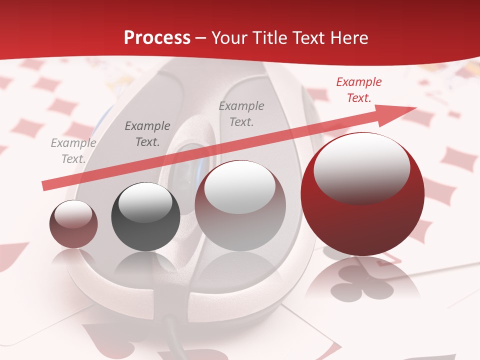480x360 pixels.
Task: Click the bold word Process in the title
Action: click(x=157, y=38)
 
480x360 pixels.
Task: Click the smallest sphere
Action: click(x=73, y=224)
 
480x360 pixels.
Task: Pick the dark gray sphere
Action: click(x=145, y=217)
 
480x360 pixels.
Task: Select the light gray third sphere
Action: click(x=240, y=206)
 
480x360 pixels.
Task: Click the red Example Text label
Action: click(x=358, y=90)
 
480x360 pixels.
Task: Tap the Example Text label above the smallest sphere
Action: click(x=73, y=151)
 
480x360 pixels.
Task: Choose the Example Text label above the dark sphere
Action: click(x=147, y=134)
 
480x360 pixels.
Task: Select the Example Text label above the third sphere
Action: click(x=241, y=114)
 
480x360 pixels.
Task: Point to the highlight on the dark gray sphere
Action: click(x=145, y=202)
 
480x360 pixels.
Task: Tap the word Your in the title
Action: click(x=230, y=38)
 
